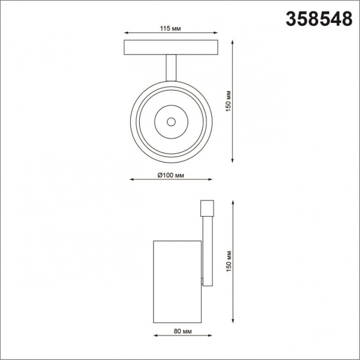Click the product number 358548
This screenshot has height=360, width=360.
(313, 19)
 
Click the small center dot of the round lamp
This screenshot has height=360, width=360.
(171, 122)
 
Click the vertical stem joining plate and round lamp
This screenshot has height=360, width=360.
(171, 67)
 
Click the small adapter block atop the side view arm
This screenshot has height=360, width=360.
(206, 207)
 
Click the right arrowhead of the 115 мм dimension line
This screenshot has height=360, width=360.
(217, 34)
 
